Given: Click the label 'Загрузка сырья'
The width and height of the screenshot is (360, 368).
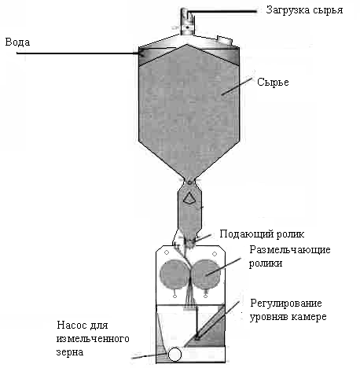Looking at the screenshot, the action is [x=304, y=10].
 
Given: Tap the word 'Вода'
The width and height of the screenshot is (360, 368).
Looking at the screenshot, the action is [x=17, y=42].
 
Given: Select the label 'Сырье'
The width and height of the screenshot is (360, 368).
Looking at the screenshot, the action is [x=273, y=82].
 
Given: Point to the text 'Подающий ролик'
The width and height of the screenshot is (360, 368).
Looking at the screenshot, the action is [x=262, y=234].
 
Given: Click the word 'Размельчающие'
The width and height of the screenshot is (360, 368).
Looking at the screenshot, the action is [x=290, y=249].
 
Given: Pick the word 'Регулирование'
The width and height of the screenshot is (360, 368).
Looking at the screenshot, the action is [x=286, y=304].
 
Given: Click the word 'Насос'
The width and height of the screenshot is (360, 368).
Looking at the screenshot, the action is [x=72, y=325].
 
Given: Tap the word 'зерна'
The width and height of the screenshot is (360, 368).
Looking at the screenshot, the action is [x=70, y=352].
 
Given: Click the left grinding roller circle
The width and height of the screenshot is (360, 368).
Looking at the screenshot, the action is [x=174, y=274].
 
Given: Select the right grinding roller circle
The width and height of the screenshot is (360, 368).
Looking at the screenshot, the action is [x=206, y=274].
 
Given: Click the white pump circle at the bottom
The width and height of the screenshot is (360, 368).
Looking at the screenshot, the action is [x=174, y=355].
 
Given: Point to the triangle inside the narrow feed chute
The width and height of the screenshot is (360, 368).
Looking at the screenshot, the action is [x=188, y=198].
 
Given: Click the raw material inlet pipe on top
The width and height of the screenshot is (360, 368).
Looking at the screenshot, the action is [x=187, y=21].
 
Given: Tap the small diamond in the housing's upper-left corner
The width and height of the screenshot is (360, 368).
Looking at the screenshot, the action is [x=167, y=252].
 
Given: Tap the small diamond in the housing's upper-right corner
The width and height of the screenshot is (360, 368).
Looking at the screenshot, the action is [x=215, y=254].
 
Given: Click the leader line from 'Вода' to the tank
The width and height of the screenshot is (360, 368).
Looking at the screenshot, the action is [x=79, y=53].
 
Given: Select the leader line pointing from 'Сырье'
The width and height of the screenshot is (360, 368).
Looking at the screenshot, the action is [x=237, y=86].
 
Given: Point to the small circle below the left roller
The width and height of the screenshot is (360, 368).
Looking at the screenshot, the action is [x=175, y=296].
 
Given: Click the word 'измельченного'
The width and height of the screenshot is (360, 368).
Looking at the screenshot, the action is [x=93, y=338].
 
